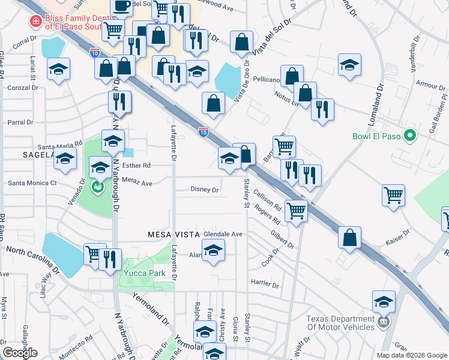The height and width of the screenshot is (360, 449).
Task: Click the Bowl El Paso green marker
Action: coord(411,136)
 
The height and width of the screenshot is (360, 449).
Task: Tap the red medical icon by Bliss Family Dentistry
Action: coord(35,22)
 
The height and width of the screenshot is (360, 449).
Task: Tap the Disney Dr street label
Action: coord(205,190)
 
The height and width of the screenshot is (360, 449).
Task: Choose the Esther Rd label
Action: coord(136,166)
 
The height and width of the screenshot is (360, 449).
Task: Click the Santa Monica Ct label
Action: coord(32,182)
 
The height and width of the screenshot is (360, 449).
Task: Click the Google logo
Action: coord(20,353)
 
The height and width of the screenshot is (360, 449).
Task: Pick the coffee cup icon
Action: coord(122,7)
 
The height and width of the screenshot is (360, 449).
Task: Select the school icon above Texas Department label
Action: coord(384,302)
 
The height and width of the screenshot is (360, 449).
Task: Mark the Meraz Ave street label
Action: coord(137,184)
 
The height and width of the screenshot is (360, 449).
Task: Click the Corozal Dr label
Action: coord(23,88)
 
